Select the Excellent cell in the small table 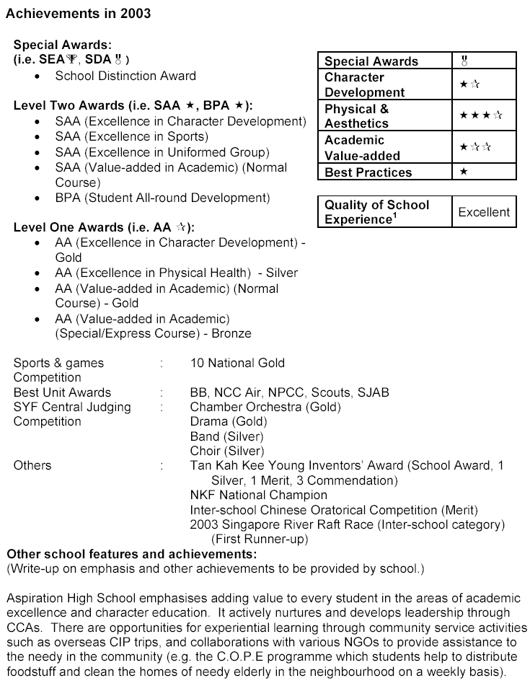[x=483, y=212]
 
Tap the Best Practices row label [x=368, y=172]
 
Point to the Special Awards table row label [x=371, y=61]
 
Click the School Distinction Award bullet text [x=125, y=75]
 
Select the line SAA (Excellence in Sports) [x=131, y=136]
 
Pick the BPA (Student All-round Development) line [x=162, y=198]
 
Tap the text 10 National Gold [x=237, y=363]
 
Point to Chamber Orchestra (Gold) [x=265, y=407]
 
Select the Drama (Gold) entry [x=228, y=421]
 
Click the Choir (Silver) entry [x=225, y=451]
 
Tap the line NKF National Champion [x=258, y=495]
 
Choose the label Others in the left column [x=32, y=465]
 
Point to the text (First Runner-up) [x=260, y=539]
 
